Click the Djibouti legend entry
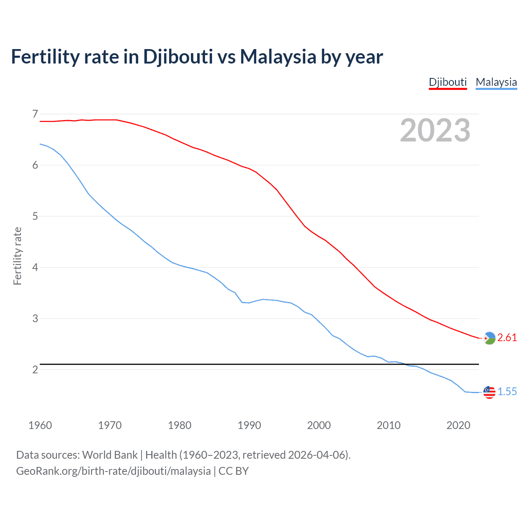pyautogui.click(x=448, y=82)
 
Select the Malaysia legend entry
pyautogui.click(x=496, y=82)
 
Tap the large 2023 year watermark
pyautogui.click(x=435, y=130)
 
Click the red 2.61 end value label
pyautogui.click(x=507, y=337)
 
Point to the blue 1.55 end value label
pyautogui.click(x=507, y=391)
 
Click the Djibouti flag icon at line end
pyautogui.click(x=489, y=338)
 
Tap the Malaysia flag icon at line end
pyautogui.click(x=489, y=392)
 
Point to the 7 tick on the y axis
pyautogui.click(x=35, y=114)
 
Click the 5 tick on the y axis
pyautogui.click(x=35, y=216)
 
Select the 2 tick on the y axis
pyautogui.click(x=35, y=370)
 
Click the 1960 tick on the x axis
pyautogui.click(x=40, y=425)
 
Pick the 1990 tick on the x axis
pyautogui.click(x=249, y=425)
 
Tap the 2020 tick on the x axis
pyautogui.click(x=458, y=425)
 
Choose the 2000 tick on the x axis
pyautogui.click(x=319, y=425)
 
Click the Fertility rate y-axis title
pyautogui.click(x=17, y=256)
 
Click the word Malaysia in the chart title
pyautogui.click(x=278, y=57)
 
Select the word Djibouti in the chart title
pyautogui.click(x=178, y=57)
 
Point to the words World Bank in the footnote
pyautogui.click(x=110, y=455)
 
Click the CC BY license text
pyautogui.click(x=233, y=471)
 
